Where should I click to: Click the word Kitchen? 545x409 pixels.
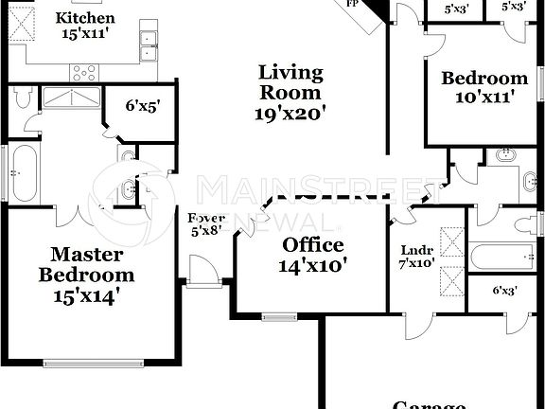point(85,18)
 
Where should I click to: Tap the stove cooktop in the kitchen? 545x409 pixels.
point(83,70)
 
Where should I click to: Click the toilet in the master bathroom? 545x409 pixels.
point(24,97)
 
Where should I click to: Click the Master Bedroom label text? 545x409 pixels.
point(86,264)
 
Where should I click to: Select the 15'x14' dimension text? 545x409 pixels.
point(86,294)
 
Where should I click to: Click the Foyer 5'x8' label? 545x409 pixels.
point(206,223)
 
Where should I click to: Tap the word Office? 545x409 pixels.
point(313,245)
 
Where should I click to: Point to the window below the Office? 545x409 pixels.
point(279,316)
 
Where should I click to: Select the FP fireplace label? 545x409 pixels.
point(353,4)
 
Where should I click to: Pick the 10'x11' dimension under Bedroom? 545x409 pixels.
point(484,98)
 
